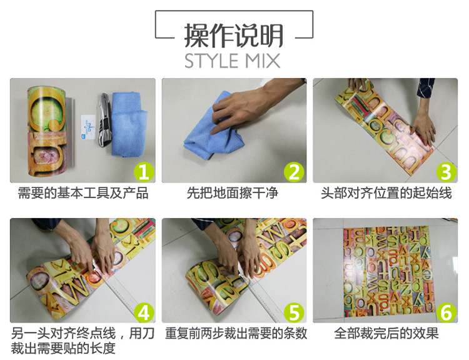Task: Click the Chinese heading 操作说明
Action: (234, 36)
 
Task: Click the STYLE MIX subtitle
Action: (233, 61)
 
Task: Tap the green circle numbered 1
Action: (144, 172)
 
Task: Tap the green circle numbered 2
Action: (294, 172)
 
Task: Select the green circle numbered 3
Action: (446, 172)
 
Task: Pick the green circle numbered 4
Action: (144, 312)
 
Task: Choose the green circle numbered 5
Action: (294, 312)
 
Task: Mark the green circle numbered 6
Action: (446, 312)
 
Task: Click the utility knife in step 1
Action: (104, 119)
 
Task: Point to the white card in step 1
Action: (88, 127)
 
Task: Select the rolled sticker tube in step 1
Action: (50, 131)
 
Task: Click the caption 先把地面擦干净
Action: (233, 193)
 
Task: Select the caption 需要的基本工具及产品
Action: (83, 193)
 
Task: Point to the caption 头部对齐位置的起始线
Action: (386, 193)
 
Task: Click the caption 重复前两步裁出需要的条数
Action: (236, 333)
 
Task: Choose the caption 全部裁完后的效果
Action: (386, 333)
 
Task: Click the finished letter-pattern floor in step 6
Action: (389, 271)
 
